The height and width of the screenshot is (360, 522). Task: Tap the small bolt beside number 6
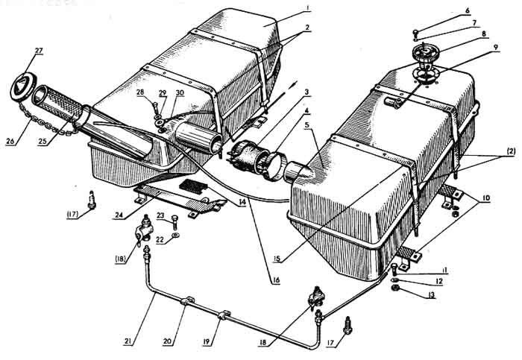click(415, 32)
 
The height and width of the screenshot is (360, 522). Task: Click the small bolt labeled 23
click(172, 218)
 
